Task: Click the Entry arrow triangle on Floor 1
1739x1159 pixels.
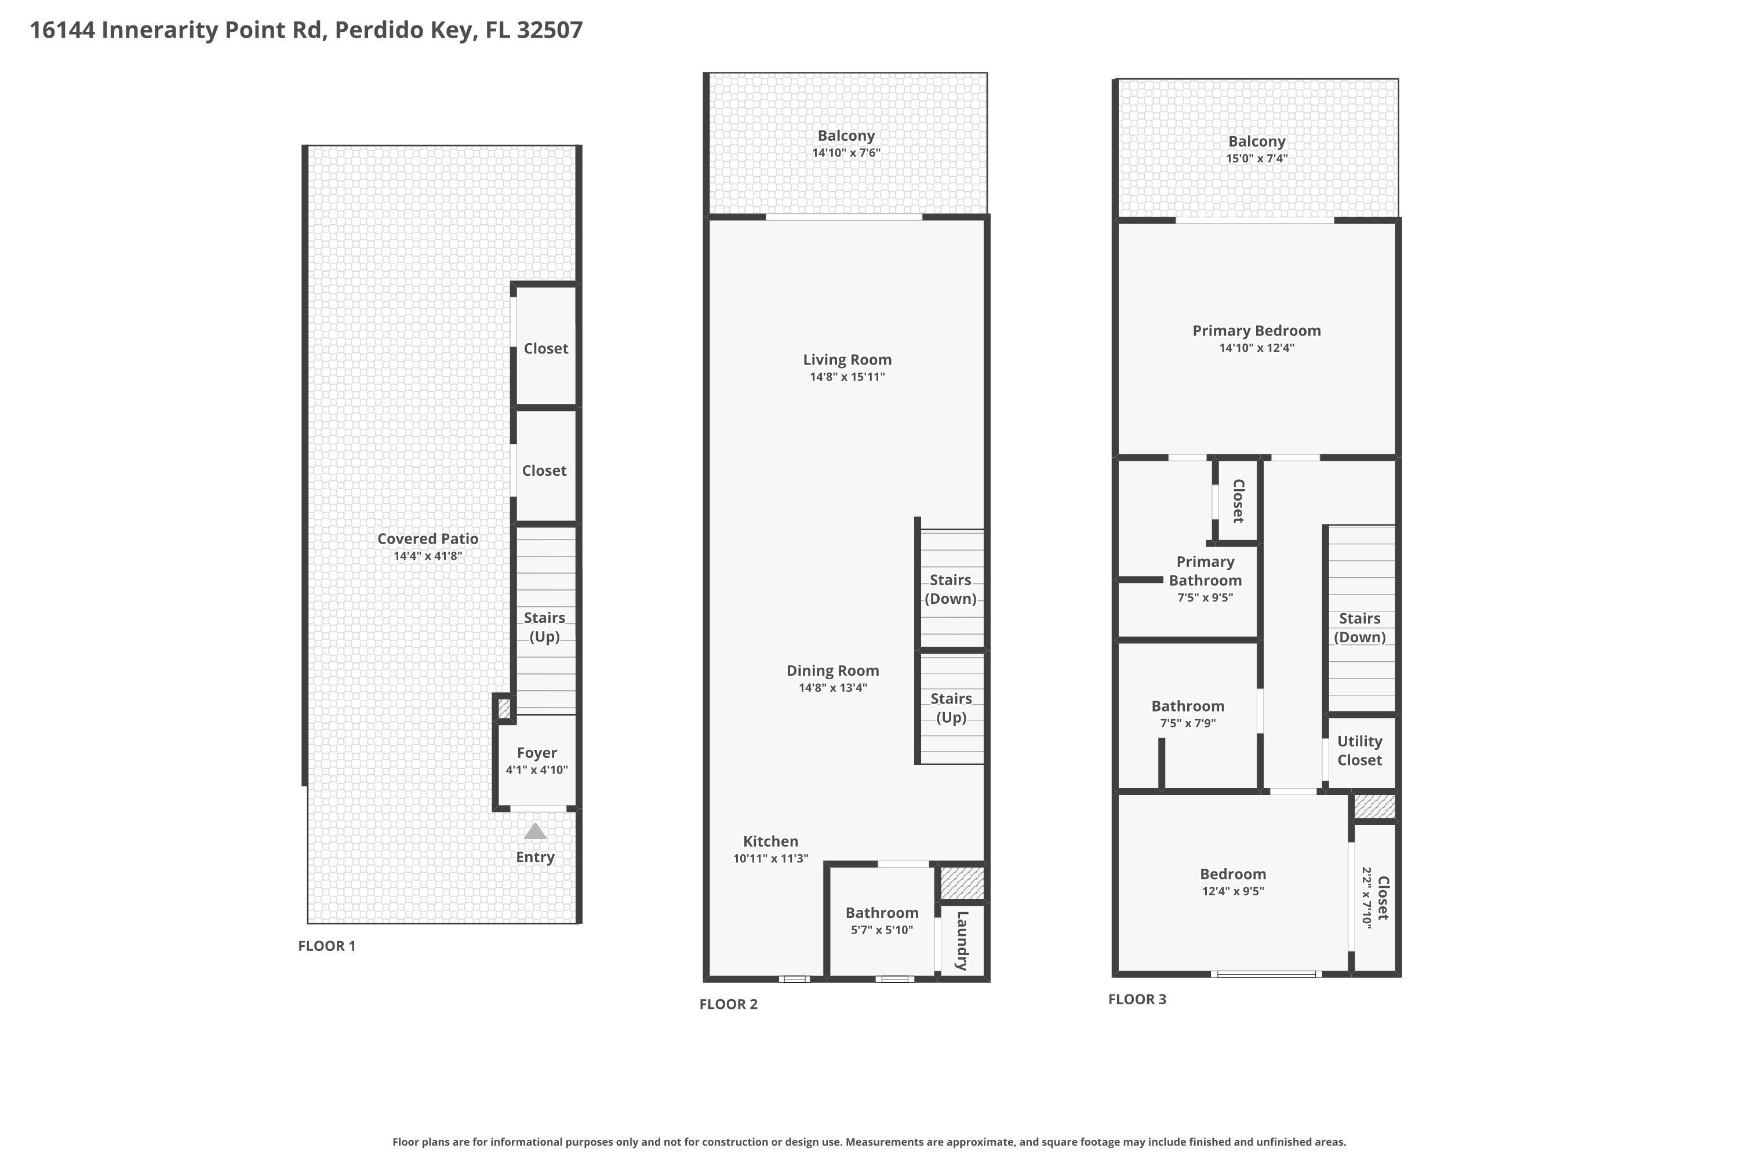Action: (x=535, y=832)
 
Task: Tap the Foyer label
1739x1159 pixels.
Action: (x=537, y=752)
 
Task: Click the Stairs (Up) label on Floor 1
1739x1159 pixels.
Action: (x=544, y=627)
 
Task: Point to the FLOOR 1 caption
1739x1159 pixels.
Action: (x=327, y=946)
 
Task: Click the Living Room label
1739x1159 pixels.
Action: (x=847, y=359)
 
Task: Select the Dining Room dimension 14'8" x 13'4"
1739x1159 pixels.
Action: (x=832, y=687)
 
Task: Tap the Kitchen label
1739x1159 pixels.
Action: (x=770, y=841)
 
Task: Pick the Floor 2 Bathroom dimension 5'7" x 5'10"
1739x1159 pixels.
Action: (x=882, y=930)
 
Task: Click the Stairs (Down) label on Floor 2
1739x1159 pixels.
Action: (x=951, y=589)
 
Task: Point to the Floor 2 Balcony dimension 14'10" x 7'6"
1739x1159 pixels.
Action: (x=846, y=153)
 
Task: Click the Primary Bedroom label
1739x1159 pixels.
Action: (x=1256, y=330)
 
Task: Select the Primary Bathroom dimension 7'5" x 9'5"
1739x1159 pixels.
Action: (x=1205, y=597)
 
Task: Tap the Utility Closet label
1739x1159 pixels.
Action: (x=1360, y=750)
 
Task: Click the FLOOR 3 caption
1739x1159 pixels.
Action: (x=1137, y=999)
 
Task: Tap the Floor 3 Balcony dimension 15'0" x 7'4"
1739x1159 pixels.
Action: (x=1256, y=158)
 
